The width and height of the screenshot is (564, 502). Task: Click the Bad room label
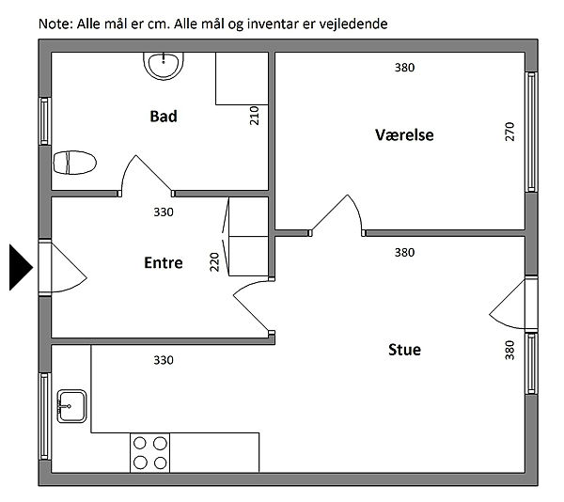pyautogui.click(x=164, y=117)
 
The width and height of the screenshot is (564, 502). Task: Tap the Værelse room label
pyautogui.click(x=404, y=134)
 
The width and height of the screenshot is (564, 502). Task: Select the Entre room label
pyautogui.click(x=164, y=262)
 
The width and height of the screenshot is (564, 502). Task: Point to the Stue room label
pyautogui.click(x=404, y=350)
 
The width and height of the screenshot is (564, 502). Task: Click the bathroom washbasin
pyautogui.click(x=164, y=66)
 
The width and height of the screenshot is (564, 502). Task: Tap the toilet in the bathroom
pyautogui.click(x=74, y=163)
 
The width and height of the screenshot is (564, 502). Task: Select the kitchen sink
pyautogui.click(x=71, y=406)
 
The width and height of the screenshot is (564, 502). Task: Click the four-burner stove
pyautogui.click(x=150, y=453)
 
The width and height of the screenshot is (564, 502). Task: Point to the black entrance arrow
pyautogui.click(x=21, y=267)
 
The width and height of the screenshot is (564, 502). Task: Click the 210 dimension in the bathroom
pyautogui.click(x=254, y=115)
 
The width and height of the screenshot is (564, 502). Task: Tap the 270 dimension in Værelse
pyautogui.click(x=509, y=132)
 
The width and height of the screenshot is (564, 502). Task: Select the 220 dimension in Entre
pyautogui.click(x=214, y=261)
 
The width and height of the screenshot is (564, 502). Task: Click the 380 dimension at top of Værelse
pyautogui.click(x=404, y=68)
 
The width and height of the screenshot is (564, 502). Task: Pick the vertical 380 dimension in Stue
pyautogui.click(x=509, y=350)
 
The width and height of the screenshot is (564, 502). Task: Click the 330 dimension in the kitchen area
pyautogui.click(x=164, y=360)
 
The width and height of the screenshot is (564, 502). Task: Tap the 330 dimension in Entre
pyautogui.click(x=164, y=212)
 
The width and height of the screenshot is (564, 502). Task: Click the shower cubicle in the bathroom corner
pyautogui.click(x=243, y=79)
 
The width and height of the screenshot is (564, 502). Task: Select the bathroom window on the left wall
pyautogui.click(x=44, y=121)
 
